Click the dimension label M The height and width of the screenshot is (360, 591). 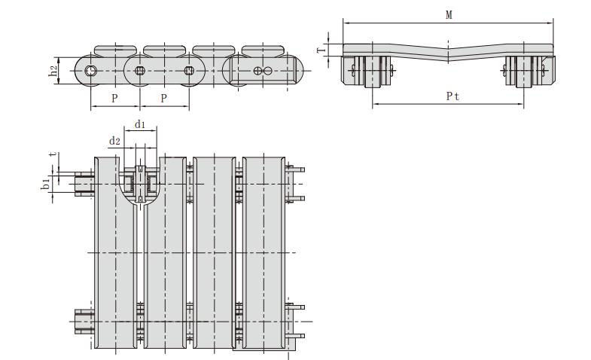tap(449, 15)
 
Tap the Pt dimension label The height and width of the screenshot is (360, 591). tap(452, 96)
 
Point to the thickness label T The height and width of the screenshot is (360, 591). tap(321, 50)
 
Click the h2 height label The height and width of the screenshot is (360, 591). tap(53, 71)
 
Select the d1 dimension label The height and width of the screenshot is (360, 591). tap(140, 124)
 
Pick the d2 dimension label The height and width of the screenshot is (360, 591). tap(114, 141)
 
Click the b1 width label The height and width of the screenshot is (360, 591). tap(46, 184)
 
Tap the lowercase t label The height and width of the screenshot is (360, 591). tap(54, 154)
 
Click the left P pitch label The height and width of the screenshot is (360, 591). tap(114, 99)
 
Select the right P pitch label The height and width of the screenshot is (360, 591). tap(163, 99)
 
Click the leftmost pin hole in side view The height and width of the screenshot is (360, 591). tap(90, 71)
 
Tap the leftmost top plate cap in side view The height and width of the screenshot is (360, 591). tap(115, 50)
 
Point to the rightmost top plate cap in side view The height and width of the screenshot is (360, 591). tap(263, 50)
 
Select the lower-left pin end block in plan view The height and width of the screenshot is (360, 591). tap(84, 322)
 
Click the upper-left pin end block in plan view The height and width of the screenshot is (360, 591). tap(84, 184)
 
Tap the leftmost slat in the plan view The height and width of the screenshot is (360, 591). tap(115, 252)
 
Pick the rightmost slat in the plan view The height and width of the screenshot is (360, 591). tap(264, 252)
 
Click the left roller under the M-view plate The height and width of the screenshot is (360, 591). tap(373, 72)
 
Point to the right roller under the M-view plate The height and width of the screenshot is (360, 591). tap(524, 72)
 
